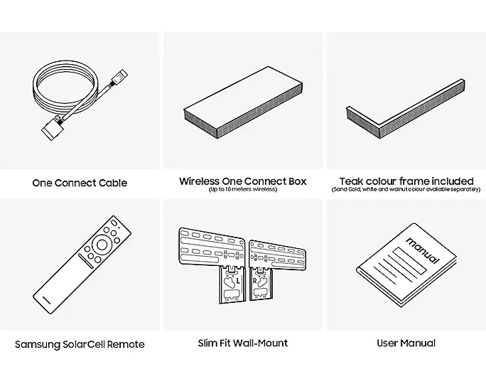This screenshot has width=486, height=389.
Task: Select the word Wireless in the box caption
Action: pos(200,181)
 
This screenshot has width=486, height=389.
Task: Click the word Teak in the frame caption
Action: pos(352,181)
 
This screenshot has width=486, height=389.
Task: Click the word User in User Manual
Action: pos(389,343)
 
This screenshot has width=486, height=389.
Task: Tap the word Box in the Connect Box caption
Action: pos(298,181)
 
